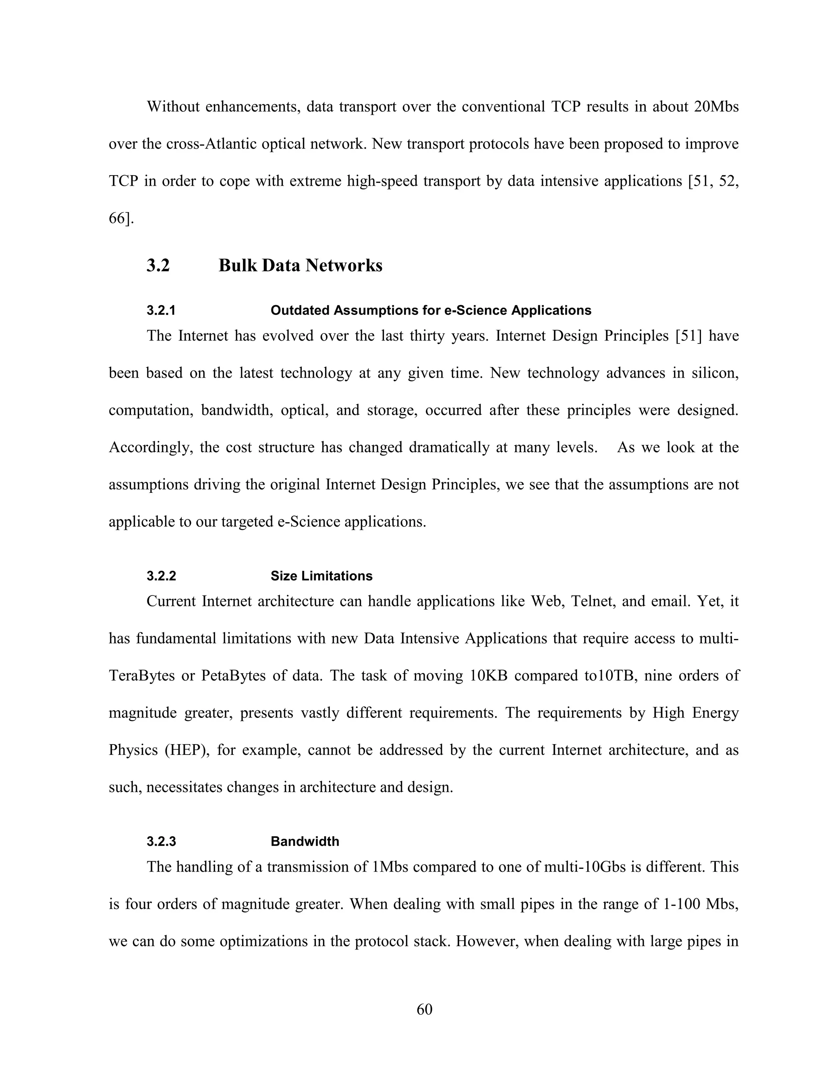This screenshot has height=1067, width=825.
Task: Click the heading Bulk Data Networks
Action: click(x=300, y=265)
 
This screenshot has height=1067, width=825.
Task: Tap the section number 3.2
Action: click(x=158, y=265)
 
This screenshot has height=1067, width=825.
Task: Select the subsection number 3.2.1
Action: click(x=161, y=311)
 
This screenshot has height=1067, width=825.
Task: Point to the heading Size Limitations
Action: click(x=321, y=576)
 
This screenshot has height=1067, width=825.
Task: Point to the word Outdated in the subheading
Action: click(x=298, y=311)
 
